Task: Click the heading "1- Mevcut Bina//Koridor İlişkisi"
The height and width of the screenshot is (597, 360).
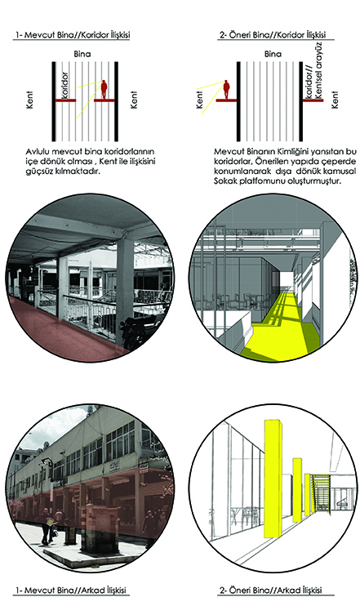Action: click(x=73, y=35)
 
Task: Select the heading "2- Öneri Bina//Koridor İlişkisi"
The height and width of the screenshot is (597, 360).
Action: click(x=273, y=35)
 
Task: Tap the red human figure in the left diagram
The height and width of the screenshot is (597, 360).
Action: click(x=104, y=90)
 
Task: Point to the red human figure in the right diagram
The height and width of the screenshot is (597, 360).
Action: click(x=226, y=90)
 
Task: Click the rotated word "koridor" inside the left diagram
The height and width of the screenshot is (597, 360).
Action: click(x=64, y=86)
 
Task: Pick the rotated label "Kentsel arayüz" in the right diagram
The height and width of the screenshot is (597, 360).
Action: click(x=318, y=70)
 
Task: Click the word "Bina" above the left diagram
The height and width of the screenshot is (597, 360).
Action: click(x=82, y=54)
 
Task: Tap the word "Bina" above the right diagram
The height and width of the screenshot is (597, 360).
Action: click(x=273, y=54)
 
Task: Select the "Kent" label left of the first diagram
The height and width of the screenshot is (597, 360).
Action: click(x=29, y=100)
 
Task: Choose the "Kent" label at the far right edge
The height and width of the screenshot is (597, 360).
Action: click(x=335, y=100)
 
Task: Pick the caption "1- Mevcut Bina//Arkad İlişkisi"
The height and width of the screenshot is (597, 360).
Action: click(x=70, y=590)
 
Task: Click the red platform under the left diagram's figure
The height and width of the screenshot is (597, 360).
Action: click(x=104, y=100)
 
